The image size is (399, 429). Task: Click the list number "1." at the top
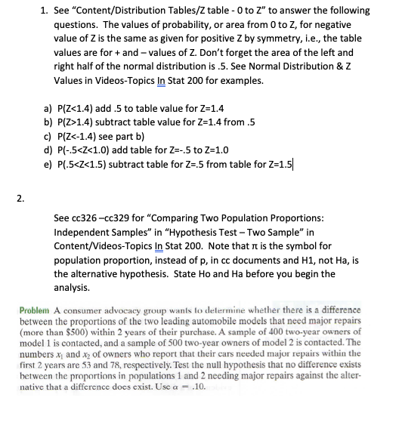click(x=44, y=11)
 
